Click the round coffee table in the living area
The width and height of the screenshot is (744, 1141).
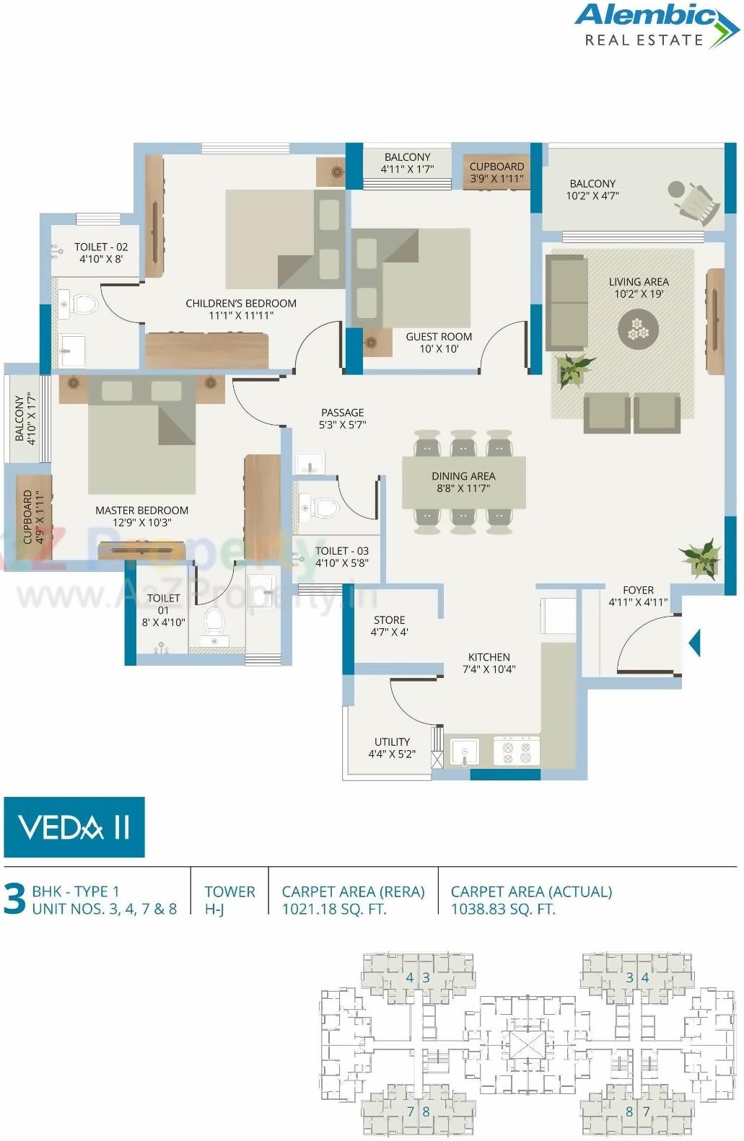(x=639, y=329)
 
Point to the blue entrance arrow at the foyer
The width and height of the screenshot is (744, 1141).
(x=695, y=643)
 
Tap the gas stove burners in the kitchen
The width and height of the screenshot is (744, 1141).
(x=517, y=752)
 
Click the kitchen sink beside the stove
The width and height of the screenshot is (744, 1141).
(x=464, y=752)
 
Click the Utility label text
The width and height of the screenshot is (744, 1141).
(x=392, y=741)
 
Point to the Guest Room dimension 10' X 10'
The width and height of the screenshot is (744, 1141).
(x=439, y=349)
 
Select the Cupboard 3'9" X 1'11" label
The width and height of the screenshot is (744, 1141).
(x=496, y=172)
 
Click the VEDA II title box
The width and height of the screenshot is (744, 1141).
(x=74, y=827)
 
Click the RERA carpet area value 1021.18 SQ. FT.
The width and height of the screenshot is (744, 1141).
(x=333, y=909)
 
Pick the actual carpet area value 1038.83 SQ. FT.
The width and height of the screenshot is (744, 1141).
(x=503, y=909)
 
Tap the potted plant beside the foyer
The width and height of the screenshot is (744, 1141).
(x=701, y=559)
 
